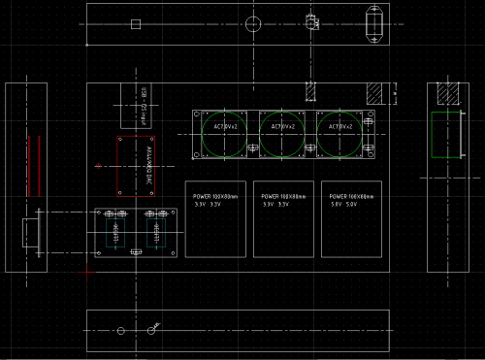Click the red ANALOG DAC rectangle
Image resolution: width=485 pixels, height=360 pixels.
[x=137, y=165]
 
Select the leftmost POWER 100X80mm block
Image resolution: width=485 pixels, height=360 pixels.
[x=214, y=218]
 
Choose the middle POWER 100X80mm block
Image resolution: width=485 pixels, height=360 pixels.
[x=282, y=218]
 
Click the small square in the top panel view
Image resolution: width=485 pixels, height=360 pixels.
[x=136, y=24]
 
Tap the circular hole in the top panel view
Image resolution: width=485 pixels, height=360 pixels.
[x=254, y=24]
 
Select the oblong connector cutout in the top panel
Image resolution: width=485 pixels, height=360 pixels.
[x=374, y=24]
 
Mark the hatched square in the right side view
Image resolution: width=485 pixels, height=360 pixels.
[x=447, y=94]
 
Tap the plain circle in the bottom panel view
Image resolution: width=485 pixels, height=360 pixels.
[x=121, y=331]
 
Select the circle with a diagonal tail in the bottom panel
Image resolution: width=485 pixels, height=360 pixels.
[x=152, y=330]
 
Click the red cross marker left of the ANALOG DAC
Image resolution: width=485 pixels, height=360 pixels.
[x=99, y=166]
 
